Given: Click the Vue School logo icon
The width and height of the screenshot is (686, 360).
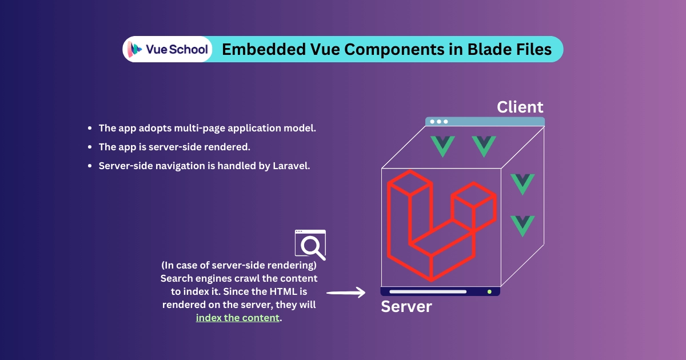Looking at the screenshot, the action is coord(134,49).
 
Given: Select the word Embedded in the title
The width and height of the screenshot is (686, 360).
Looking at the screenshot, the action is coord(264,49).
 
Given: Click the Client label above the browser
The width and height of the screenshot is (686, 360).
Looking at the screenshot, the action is coord(520,107).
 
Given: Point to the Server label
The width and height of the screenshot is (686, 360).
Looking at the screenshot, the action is coord(406,306).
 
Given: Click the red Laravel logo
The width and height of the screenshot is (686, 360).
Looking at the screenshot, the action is coord(441,226).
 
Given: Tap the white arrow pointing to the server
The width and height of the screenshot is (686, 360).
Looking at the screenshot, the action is coord(346,293).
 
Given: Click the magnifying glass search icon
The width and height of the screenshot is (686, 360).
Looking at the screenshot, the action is coord(310,245).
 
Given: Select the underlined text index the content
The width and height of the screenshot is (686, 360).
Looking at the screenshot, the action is coord(238,318).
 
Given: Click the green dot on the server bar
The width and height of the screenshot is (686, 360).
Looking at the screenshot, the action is coord(489,292).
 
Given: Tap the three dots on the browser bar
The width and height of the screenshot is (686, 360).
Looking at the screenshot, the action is coord(439,122).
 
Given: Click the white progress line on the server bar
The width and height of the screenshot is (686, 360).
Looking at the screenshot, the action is coord(428,292).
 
